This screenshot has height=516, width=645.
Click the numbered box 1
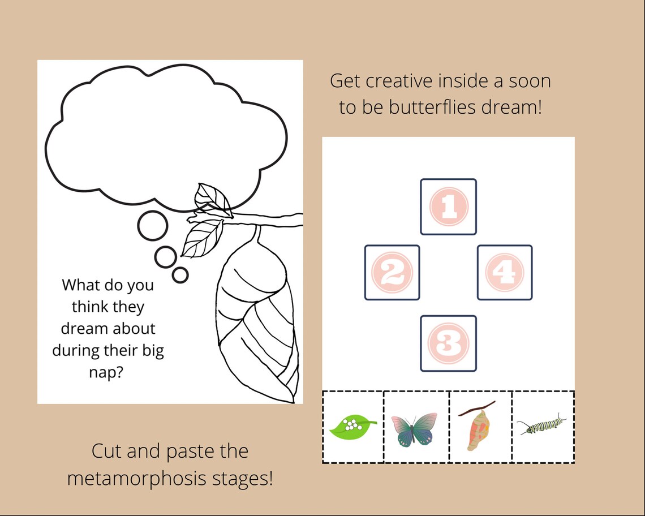point(448,207)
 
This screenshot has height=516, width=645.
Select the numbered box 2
point(392,272)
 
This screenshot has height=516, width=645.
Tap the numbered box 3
point(448,343)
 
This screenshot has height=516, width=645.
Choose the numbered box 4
point(505,272)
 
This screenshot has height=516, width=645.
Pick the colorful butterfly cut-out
point(414,428)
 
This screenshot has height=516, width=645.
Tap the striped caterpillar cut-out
point(541,425)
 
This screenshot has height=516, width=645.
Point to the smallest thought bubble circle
point(180,275)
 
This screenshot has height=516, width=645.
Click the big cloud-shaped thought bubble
point(164,136)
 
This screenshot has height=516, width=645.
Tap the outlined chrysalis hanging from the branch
point(257,317)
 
